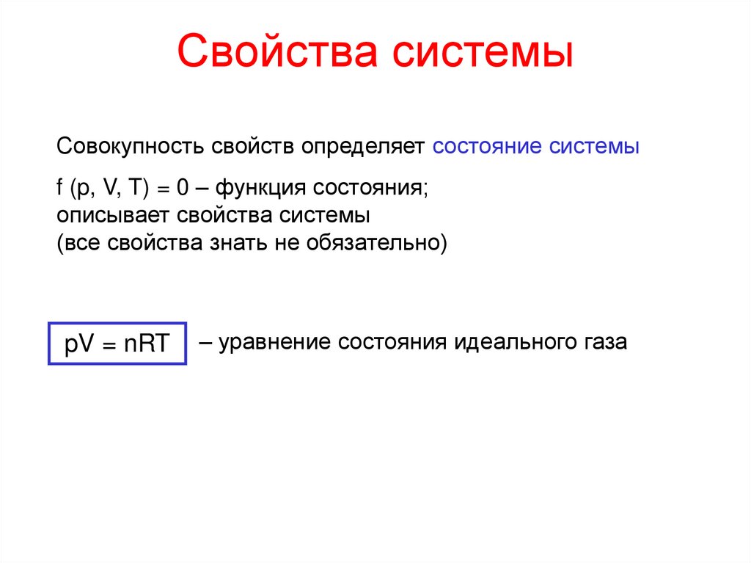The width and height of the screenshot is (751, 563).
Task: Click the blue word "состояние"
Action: [x=487, y=145]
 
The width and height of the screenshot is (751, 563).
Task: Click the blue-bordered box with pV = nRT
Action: [x=117, y=343]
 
